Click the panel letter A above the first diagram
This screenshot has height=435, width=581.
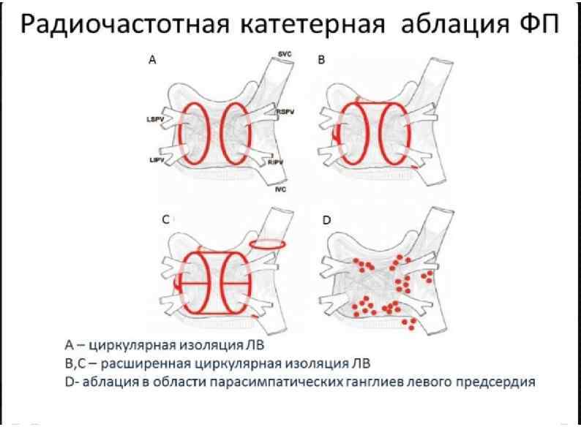click(x=152, y=62)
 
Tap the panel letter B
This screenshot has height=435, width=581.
click(x=321, y=62)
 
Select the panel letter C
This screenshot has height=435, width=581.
click(x=165, y=219)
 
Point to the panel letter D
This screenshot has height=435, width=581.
click(x=326, y=219)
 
